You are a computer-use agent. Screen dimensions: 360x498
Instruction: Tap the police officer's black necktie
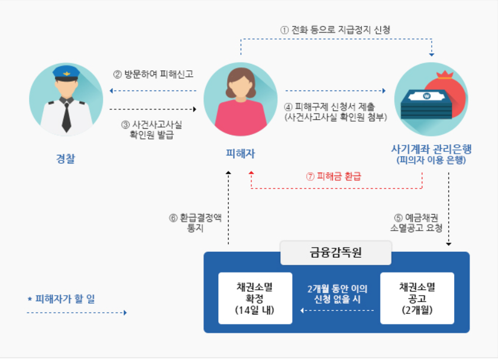(x=66, y=115)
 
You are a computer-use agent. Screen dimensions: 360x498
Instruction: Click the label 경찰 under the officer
(x=66, y=158)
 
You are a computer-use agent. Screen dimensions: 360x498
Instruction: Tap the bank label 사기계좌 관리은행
(x=431, y=148)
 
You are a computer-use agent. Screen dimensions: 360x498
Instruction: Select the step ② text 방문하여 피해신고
(x=153, y=75)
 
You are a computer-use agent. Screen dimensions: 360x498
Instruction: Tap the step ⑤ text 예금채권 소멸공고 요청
(x=417, y=223)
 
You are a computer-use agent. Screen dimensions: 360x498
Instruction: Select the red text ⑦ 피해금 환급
(x=333, y=176)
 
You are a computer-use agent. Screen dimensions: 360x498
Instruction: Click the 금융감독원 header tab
(x=335, y=253)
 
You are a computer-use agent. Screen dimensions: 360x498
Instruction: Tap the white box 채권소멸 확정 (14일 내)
(x=255, y=298)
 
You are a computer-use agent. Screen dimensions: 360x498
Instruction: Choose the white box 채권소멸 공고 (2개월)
(x=417, y=298)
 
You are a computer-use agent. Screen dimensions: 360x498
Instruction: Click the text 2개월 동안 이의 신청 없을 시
(x=337, y=294)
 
